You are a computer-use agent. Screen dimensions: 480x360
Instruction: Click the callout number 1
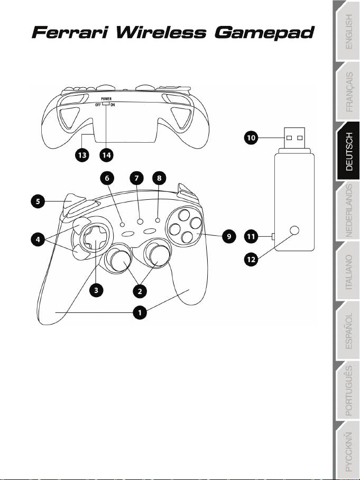pyautogui.click(x=140, y=313)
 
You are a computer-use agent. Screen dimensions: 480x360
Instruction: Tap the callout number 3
pyautogui.click(x=96, y=290)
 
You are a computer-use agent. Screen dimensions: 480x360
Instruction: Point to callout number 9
pyautogui.click(x=229, y=237)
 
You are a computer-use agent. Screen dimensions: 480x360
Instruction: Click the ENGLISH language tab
pyautogui.click(x=347, y=32)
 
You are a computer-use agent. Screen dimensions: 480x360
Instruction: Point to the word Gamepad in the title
pyautogui.click(x=267, y=34)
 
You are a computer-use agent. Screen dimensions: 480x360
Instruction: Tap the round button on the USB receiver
pyautogui.click(x=295, y=230)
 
